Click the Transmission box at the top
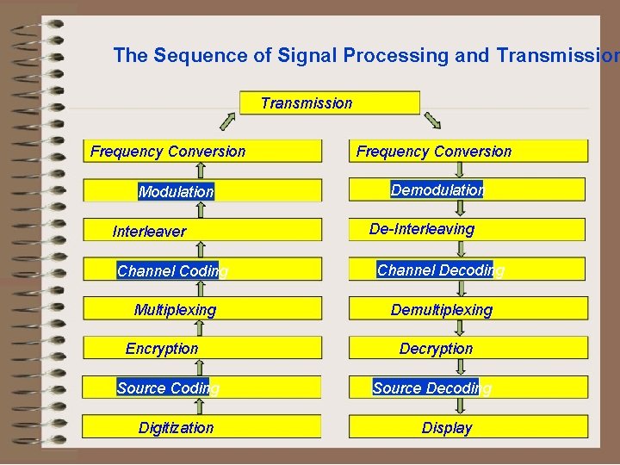click(x=329, y=103)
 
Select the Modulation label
click(x=176, y=192)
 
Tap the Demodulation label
click(x=437, y=189)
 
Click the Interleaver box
click(x=201, y=231)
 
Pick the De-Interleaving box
click(x=467, y=229)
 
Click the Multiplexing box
click(x=201, y=309)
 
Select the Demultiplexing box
click(x=467, y=309)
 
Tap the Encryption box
click(x=201, y=349)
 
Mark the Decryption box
click(x=467, y=349)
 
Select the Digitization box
click(x=201, y=427)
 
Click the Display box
click(x=467, y=427)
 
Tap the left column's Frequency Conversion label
click(x=168, y=152)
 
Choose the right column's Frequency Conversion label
click(x=434, y=152)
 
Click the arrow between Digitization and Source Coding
click(x=201, y=407)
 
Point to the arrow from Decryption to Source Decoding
click(x=460, y=368)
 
